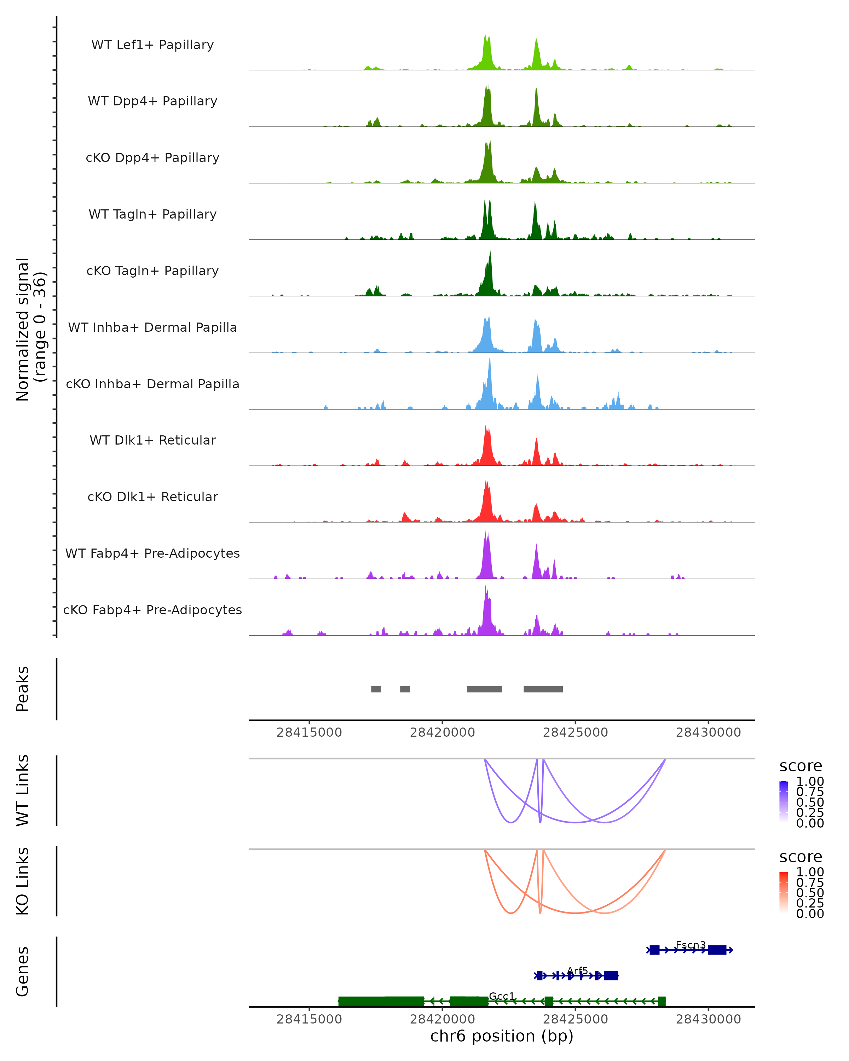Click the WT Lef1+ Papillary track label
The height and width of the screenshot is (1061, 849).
click(x=152, y=45)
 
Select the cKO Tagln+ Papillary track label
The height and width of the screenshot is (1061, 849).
click(x=152, y=271)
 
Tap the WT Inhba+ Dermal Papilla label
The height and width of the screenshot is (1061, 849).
click(x=152, y=327)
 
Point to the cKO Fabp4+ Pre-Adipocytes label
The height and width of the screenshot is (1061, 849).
click(x=152, y=610)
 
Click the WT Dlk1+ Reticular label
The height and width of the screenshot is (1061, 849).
click(x=152, y=440)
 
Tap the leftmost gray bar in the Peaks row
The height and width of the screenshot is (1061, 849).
click(x=376, y=689)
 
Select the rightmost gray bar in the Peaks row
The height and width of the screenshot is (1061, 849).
click(x=543, y=689)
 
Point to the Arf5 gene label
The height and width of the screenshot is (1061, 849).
click(x=577, y=970)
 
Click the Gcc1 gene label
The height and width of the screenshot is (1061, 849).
click(x=502, y=996)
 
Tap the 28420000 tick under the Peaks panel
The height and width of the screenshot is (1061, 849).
click(x=443, y=732)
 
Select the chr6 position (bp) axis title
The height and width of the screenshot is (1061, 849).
click(x=502, y=1036)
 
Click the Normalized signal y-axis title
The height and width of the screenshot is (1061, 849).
click(x=30, y=330)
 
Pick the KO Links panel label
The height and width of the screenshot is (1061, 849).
click(x=23, y=881)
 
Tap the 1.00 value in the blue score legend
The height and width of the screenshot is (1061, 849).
click(x=810, y=782)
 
